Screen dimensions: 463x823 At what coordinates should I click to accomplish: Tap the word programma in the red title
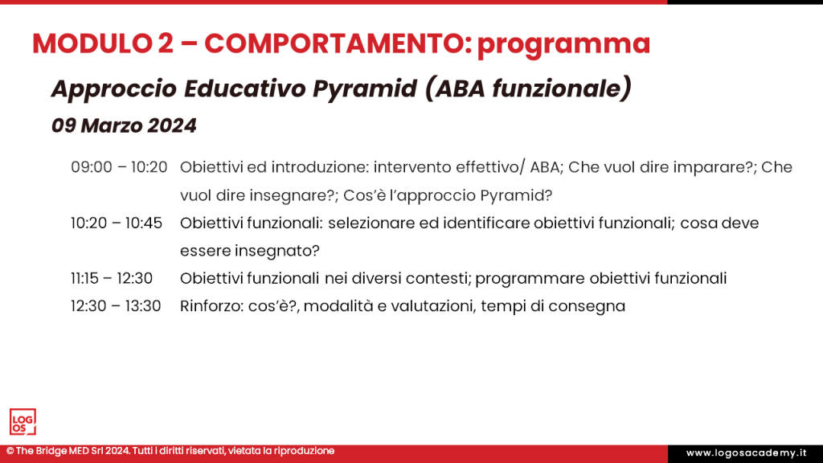pos(563,43)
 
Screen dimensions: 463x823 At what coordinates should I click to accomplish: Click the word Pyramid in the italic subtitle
pos(377,88)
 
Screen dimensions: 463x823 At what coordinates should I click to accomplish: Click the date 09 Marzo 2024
pos(124,126)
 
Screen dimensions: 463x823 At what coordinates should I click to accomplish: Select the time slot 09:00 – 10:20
pos(119,167)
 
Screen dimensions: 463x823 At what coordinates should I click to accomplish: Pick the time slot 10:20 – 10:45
pos(117,223)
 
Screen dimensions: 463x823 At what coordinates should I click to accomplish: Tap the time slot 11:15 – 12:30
pos(113,278)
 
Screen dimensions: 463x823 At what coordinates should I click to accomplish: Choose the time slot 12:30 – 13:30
pos(116,306)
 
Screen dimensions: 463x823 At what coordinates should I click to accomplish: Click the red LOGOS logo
pos(23,422)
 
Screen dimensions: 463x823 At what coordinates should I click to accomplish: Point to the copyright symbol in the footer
pos(10,452)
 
